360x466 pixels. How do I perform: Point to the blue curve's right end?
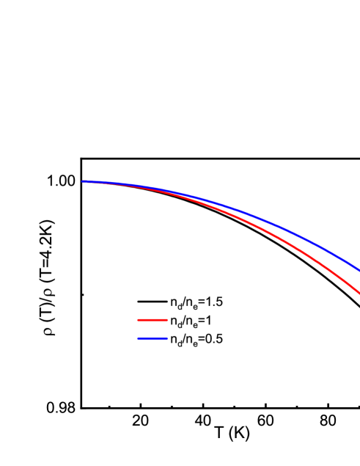359,270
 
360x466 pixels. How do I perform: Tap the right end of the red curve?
359,294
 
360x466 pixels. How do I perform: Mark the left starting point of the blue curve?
83,181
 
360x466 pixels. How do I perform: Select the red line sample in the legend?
152,321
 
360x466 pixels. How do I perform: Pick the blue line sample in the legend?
152,339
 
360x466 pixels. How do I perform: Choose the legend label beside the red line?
186,321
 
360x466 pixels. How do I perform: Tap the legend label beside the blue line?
191,339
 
